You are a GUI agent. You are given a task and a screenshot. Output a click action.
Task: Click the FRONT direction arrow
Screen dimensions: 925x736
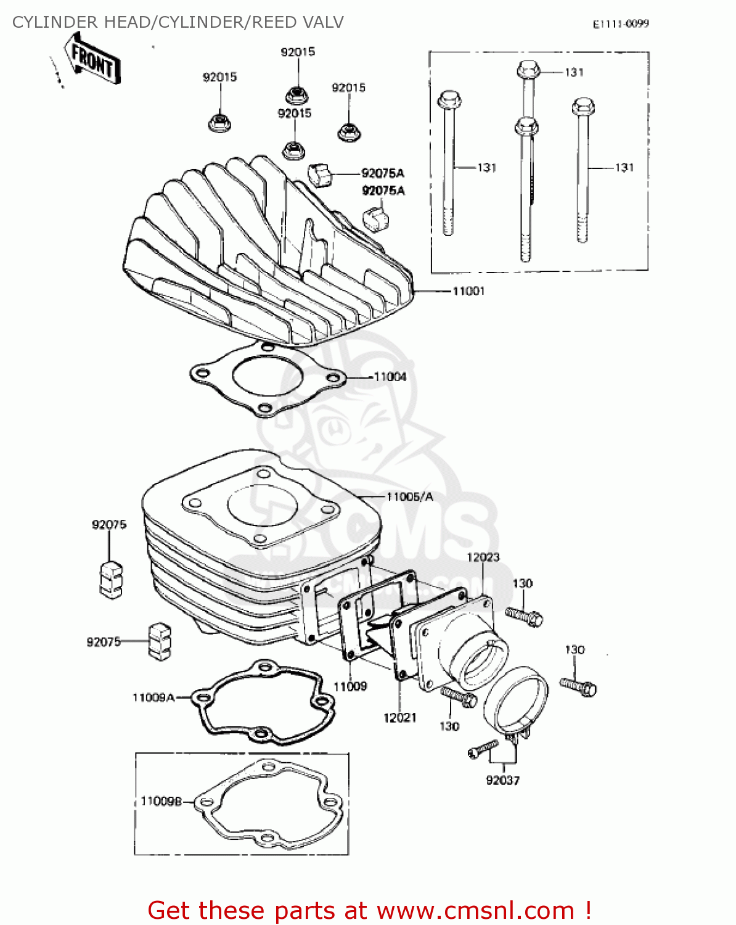click(92, 59)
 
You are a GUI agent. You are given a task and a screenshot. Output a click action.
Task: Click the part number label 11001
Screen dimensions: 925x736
click(468, 291)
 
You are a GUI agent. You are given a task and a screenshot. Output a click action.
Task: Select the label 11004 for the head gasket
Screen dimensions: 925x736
click(390, 377)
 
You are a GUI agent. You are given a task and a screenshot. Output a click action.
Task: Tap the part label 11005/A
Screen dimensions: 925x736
click(410, 496)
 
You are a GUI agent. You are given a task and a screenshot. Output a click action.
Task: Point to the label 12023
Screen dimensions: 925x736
click(483, 557)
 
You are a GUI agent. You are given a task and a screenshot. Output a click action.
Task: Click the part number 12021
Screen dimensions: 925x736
click(399, 718)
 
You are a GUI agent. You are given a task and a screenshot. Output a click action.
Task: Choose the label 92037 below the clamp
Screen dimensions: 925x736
click(502, 781)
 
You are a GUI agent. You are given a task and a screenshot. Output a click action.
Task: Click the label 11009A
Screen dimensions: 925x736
click(153, 697)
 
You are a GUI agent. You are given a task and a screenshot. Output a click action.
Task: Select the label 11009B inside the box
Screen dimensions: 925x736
click(161, 801)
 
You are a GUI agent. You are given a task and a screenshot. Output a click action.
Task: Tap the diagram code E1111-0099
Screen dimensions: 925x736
click(621, 24)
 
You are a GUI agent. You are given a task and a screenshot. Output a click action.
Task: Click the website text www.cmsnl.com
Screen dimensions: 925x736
click(475, 910)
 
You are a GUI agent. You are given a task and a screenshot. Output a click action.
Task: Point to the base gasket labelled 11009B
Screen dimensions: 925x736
click(268, 802)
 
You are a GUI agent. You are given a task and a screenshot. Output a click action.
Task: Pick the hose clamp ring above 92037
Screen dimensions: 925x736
click(516, 699)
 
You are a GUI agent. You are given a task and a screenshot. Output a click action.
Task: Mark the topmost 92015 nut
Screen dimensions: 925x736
click(296, 95)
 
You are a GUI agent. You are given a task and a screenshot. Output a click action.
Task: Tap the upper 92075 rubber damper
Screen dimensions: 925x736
click(111, 579)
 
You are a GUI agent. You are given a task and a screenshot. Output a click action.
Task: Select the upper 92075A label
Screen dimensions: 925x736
click(383, 173)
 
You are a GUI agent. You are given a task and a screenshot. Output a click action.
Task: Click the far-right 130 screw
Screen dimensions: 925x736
click(578, 685)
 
